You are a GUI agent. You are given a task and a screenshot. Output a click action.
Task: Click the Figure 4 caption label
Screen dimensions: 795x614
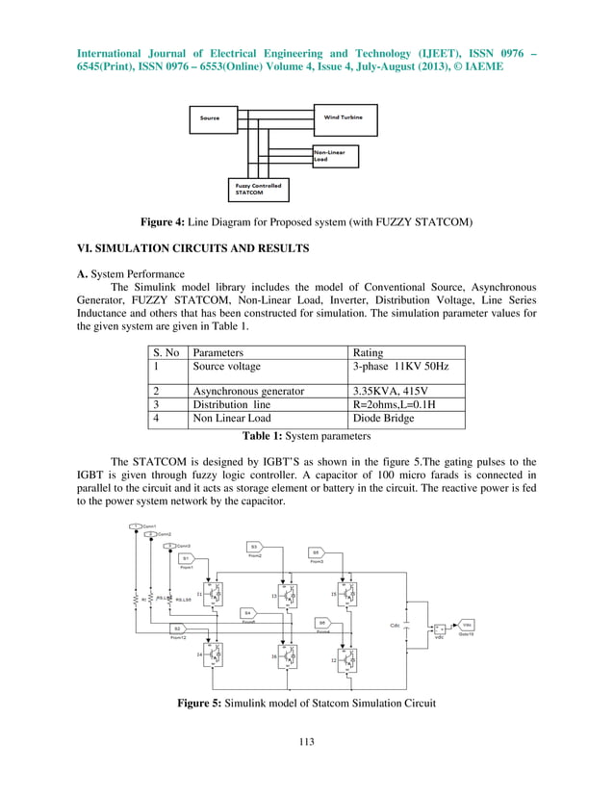[214, 223]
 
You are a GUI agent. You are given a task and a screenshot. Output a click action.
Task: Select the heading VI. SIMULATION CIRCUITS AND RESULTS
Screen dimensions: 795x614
[192, 248]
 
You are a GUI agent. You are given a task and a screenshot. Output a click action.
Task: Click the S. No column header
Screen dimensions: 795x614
[166, 353]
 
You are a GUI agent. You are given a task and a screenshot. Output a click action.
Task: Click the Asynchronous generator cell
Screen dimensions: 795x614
[248, 392]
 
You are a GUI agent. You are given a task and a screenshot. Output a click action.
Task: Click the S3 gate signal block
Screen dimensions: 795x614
[255, 547]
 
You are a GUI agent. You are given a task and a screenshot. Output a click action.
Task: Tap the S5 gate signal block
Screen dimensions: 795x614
[316, 552]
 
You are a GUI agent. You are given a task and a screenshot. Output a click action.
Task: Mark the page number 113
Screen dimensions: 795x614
[307, 741]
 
